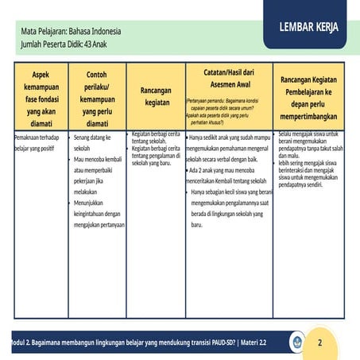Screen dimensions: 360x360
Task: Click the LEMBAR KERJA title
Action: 308,27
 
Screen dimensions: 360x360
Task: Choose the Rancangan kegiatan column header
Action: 157,96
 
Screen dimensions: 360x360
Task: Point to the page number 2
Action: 319,343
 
